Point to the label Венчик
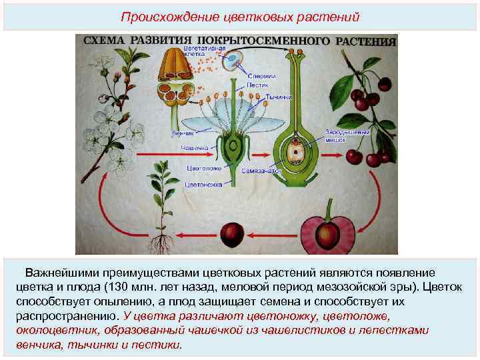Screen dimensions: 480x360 (182, 133)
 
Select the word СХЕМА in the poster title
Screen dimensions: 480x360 (103, 41)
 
